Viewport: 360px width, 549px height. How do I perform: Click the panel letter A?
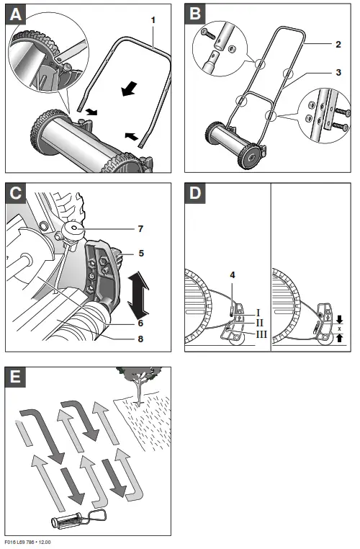(x=16, y=15)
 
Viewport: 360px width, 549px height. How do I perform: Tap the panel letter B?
(x=195, y=14)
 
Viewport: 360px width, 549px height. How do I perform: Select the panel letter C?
(x=16, y=193)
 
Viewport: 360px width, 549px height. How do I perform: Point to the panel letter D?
(x=195, y=193)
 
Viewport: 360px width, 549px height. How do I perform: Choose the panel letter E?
(x=15, y=377)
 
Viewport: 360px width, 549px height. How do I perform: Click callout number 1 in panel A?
(x=153, y=20)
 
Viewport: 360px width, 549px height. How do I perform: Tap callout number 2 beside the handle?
(x=338, y=45)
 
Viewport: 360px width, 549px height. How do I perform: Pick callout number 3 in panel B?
(x=338, y=73)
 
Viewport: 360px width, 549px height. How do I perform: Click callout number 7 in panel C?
(x=140, y=228)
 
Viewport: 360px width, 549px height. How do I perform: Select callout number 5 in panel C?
(x=141, y=253)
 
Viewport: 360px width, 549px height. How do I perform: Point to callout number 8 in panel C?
(x=140, y=339)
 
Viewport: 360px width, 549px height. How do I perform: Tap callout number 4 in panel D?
(x=233, y=275)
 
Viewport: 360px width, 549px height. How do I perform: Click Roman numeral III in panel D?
(x=261, y=334)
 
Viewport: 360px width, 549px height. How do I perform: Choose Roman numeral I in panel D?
(x=258, y=313)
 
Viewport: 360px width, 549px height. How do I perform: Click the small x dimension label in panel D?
(x=339, y=329)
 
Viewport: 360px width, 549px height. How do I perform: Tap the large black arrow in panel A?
(x=129, y=89)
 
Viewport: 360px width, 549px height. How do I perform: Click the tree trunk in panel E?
(x=140, y=391)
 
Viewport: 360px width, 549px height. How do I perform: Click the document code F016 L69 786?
(x=19, y=543)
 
